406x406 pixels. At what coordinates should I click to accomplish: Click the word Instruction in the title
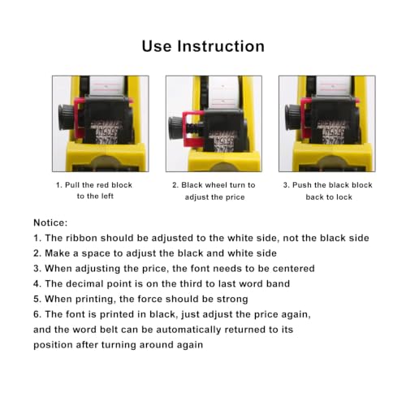(221, 46)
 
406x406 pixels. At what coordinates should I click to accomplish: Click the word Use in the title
(157, 46)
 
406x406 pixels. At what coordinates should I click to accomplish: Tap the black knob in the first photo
(66, 118)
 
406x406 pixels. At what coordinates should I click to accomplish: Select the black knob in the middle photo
(176, 128)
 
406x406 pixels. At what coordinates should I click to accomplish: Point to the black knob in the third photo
(292, 118)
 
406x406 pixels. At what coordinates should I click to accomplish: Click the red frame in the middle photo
(192, 128)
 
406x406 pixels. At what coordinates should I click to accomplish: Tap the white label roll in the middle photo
(223, 92)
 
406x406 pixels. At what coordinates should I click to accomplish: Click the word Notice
(50, 222)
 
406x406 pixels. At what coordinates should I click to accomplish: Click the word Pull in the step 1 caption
(71, 185)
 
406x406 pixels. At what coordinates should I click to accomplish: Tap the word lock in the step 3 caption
(343, 197)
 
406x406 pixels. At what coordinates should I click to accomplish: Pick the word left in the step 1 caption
(109, 196)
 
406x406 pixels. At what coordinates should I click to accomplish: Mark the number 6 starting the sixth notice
(37, 314)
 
